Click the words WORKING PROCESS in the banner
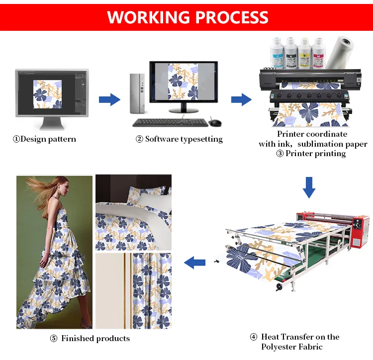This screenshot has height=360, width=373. [187, 17]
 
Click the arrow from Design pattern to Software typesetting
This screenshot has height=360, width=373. [109, 99]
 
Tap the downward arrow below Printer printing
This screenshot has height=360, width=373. [309, 186]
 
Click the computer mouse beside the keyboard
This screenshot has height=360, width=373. [215, 122]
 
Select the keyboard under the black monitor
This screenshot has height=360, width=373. [169, 122]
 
